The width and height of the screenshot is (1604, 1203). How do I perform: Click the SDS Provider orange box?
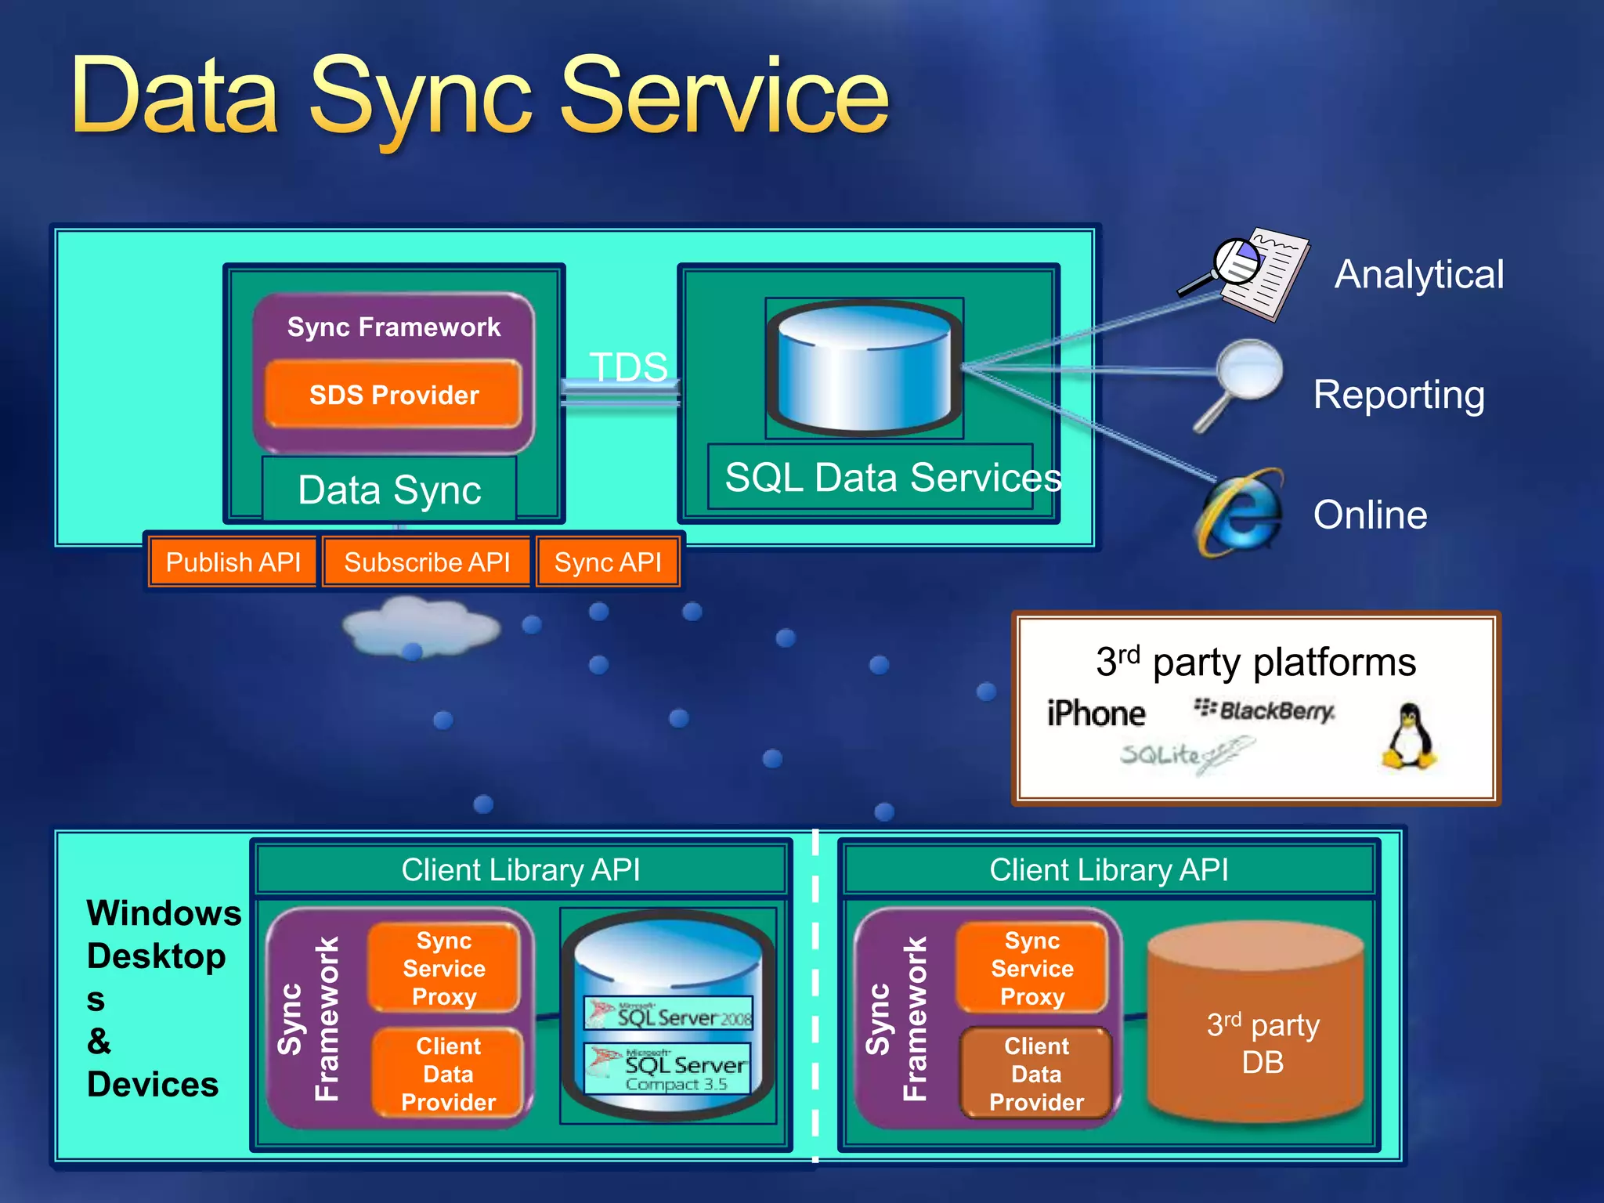(x=393, y=395)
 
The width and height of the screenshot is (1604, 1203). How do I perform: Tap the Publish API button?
(x=233, y=562)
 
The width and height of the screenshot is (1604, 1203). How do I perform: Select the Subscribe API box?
(x=427, y=562)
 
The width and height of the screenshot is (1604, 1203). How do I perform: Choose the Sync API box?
(x=608, y=562)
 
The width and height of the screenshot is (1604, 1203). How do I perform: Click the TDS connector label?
(x=628, y=367)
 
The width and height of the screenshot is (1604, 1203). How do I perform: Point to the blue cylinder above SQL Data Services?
(x=864, y=367)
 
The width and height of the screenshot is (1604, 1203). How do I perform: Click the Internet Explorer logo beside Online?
(x=1241, y=514)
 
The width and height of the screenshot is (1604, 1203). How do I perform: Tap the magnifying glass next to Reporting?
(x=1245, y=380)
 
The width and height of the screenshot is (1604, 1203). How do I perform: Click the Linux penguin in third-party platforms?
(x=1409, y=735)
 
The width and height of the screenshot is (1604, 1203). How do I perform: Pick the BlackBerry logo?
(x=1264, y=710)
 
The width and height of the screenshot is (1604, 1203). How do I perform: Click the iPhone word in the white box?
(x=1096, y=713)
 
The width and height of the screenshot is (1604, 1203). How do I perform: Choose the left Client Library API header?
(x=521, y=869)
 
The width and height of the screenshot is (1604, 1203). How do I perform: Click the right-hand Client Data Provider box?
(x=1035, y=1073)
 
